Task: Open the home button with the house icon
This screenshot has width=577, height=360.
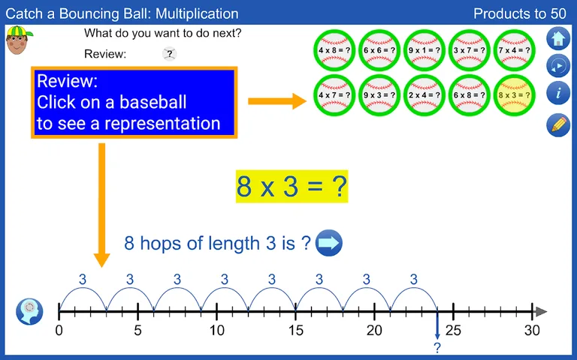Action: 558,37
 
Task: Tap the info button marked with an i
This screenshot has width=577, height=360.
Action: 558,94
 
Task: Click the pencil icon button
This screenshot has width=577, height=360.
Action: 558,124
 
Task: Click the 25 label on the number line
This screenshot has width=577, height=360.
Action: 453,330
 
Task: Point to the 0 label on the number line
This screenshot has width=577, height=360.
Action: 59,330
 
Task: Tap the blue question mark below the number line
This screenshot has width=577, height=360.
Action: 437,347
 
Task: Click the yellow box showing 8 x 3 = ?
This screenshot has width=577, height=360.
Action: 292,186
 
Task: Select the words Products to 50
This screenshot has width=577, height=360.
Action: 520,13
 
